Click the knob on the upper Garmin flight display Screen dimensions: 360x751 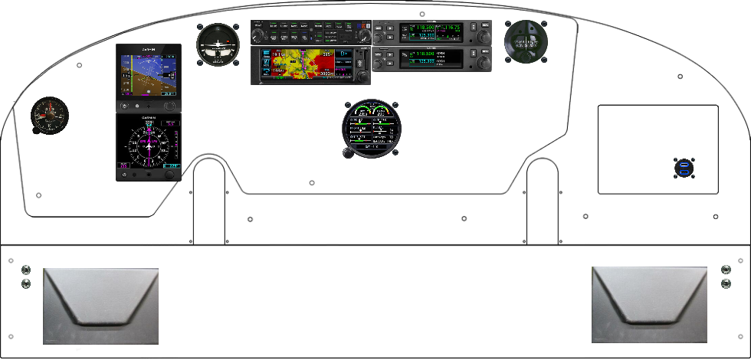pyautogui.click(x=170, y=106)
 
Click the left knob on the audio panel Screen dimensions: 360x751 pyautogui.click(x=261, y=36)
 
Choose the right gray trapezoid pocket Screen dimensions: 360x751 pyautogui.click(x=649, y=304)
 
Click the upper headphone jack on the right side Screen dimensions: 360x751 pyautogui.click(x=726, y=269)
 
